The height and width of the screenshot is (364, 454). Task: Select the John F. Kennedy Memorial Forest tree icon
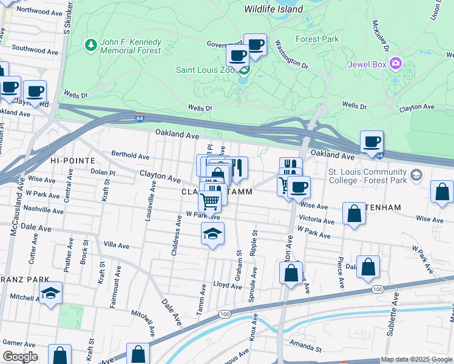(x=90, y=45)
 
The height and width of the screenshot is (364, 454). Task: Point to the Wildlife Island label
(x=273, y=10)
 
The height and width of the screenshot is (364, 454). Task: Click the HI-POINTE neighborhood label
(x=73, y=160)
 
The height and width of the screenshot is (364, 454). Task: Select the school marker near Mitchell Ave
(x=50, y=294)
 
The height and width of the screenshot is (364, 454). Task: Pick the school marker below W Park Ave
(x=212, y=234)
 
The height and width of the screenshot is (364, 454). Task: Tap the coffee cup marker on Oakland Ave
(x=371, y=143)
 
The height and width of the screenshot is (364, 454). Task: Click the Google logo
(x=19, y=357)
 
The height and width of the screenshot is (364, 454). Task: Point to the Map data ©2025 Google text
(x=417, y=360)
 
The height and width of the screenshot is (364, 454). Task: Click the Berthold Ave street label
(x=130, y=156)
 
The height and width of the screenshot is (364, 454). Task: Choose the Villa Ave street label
(x=117, y=246)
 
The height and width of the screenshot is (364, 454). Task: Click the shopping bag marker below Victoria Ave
(x=354, y=214)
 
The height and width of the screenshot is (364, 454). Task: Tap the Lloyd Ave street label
(x=228, y=285)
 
